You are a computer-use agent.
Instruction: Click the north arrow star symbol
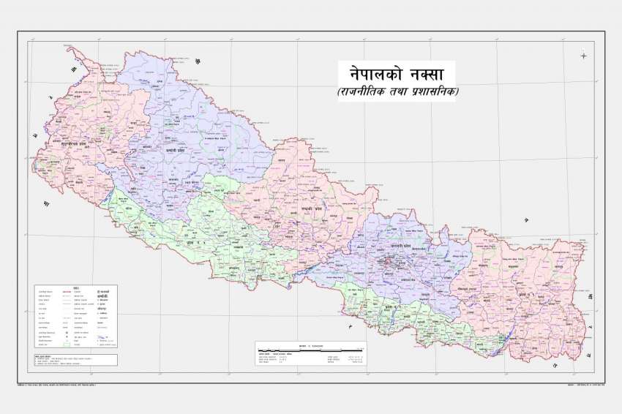tap(583, 55)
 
